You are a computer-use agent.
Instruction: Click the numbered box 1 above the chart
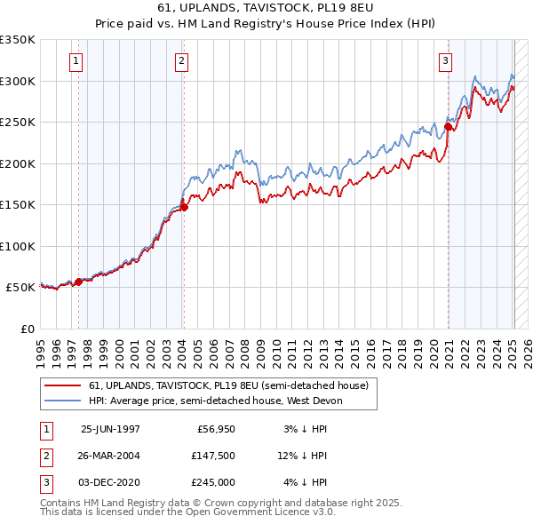[76, 61]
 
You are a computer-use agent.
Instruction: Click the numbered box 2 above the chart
[181, 61]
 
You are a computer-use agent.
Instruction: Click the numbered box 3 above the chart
[445, 61]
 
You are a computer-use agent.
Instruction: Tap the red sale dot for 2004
[184, 207]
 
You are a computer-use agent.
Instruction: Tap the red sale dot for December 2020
[449, 127]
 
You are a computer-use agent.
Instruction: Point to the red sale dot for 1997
[78, 282]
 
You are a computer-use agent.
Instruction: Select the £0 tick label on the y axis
[27, 329]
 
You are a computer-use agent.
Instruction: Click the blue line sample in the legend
[64, 401]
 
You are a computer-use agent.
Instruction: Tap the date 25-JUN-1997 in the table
[110, 429]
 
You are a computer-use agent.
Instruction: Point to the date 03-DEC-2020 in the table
[110, 482]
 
